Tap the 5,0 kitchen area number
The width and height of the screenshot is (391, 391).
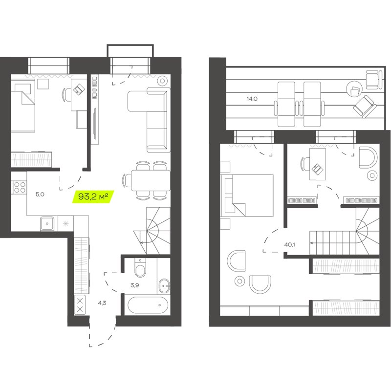(40, 194)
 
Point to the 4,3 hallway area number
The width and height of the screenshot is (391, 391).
(102, 302)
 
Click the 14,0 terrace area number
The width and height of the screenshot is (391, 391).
(252, 99)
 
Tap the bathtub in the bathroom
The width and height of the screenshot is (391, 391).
(147, 305)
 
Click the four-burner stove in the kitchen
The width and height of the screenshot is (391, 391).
(19, 187)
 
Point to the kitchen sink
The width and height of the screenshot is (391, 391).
(48, 223)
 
